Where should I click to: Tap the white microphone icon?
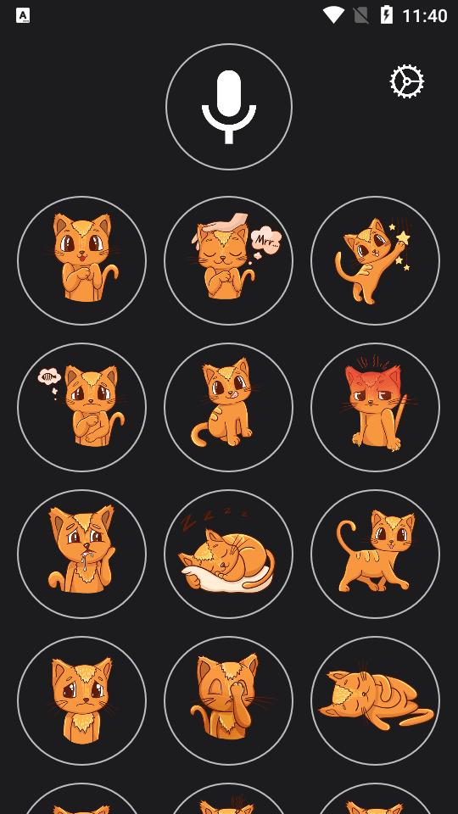(229, 107)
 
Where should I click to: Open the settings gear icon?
(406, 81)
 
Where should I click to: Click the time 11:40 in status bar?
(424, 15)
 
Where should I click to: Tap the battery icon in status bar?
(387, 14)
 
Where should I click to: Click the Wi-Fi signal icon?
(333, 14)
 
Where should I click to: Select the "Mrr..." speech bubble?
(265, 240)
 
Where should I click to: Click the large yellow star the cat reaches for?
(403, 237)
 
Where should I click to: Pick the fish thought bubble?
(49, 376)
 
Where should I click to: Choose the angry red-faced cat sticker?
(375, 408)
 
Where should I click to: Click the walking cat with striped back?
(375, 555)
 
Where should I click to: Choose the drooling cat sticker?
(81, 555)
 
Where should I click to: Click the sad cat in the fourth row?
(81, 701)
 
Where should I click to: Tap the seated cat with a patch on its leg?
(228, 408)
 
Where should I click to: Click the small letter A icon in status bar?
(23, 15)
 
